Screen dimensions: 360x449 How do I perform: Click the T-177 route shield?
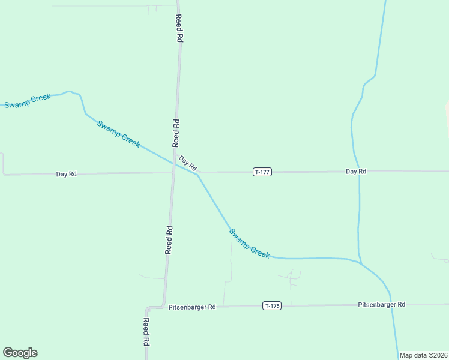262,172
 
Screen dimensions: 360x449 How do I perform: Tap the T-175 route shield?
272,306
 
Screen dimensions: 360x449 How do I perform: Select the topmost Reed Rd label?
179,28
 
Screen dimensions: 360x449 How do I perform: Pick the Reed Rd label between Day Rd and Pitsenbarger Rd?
169,239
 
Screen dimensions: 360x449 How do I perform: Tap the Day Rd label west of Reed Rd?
66,174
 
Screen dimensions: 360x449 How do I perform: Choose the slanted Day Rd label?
188,163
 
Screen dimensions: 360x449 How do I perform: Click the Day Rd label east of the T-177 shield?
356,172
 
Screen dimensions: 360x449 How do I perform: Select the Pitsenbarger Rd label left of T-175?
192,307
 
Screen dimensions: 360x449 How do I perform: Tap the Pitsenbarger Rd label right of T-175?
382,305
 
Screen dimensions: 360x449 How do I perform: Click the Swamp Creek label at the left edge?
27,101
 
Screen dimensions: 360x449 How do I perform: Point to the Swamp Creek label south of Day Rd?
250,243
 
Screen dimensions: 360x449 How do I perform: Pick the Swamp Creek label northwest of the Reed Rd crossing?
119,134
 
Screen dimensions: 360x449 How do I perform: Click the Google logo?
20,353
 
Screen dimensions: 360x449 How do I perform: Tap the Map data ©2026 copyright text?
423,355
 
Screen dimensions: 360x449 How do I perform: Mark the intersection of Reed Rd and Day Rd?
173,173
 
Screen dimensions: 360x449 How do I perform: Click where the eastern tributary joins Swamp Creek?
361,263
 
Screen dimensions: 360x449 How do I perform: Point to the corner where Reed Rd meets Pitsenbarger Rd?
163,307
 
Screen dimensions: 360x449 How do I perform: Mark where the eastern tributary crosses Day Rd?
359,171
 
